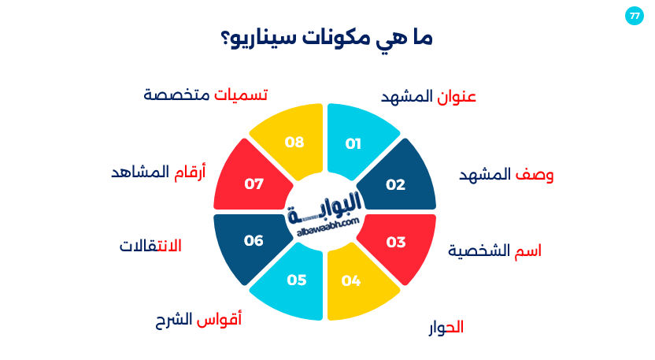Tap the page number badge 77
(x=635, y=16)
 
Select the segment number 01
(x=353, y=143)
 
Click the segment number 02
(x=395, y=184)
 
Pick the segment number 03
(x=395, y=242)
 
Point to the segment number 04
(x=351, y=280)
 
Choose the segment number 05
(x=296, y=280)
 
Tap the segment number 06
(x=253, y=240)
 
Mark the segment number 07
(x=253, y=184)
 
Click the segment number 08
(x=294, y=143)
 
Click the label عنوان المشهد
(x=429, y=97)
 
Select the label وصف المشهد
(x=506, y=175)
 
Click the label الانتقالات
(x=150, y=246)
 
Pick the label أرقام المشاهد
(x=158, y=172)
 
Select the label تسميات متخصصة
(x=205, y=95)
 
